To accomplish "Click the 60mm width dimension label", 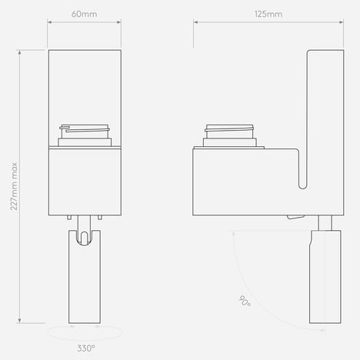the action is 84,14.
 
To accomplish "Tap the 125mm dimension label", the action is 268,14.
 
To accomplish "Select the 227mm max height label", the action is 14,186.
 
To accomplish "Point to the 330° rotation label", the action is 86,348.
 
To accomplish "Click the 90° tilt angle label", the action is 245,301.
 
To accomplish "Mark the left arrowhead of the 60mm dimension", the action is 50,22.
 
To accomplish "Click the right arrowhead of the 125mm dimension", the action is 342,22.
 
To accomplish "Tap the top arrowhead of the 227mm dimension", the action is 20,52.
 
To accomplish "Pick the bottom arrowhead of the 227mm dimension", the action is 20,321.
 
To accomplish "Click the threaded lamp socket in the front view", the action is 85,135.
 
